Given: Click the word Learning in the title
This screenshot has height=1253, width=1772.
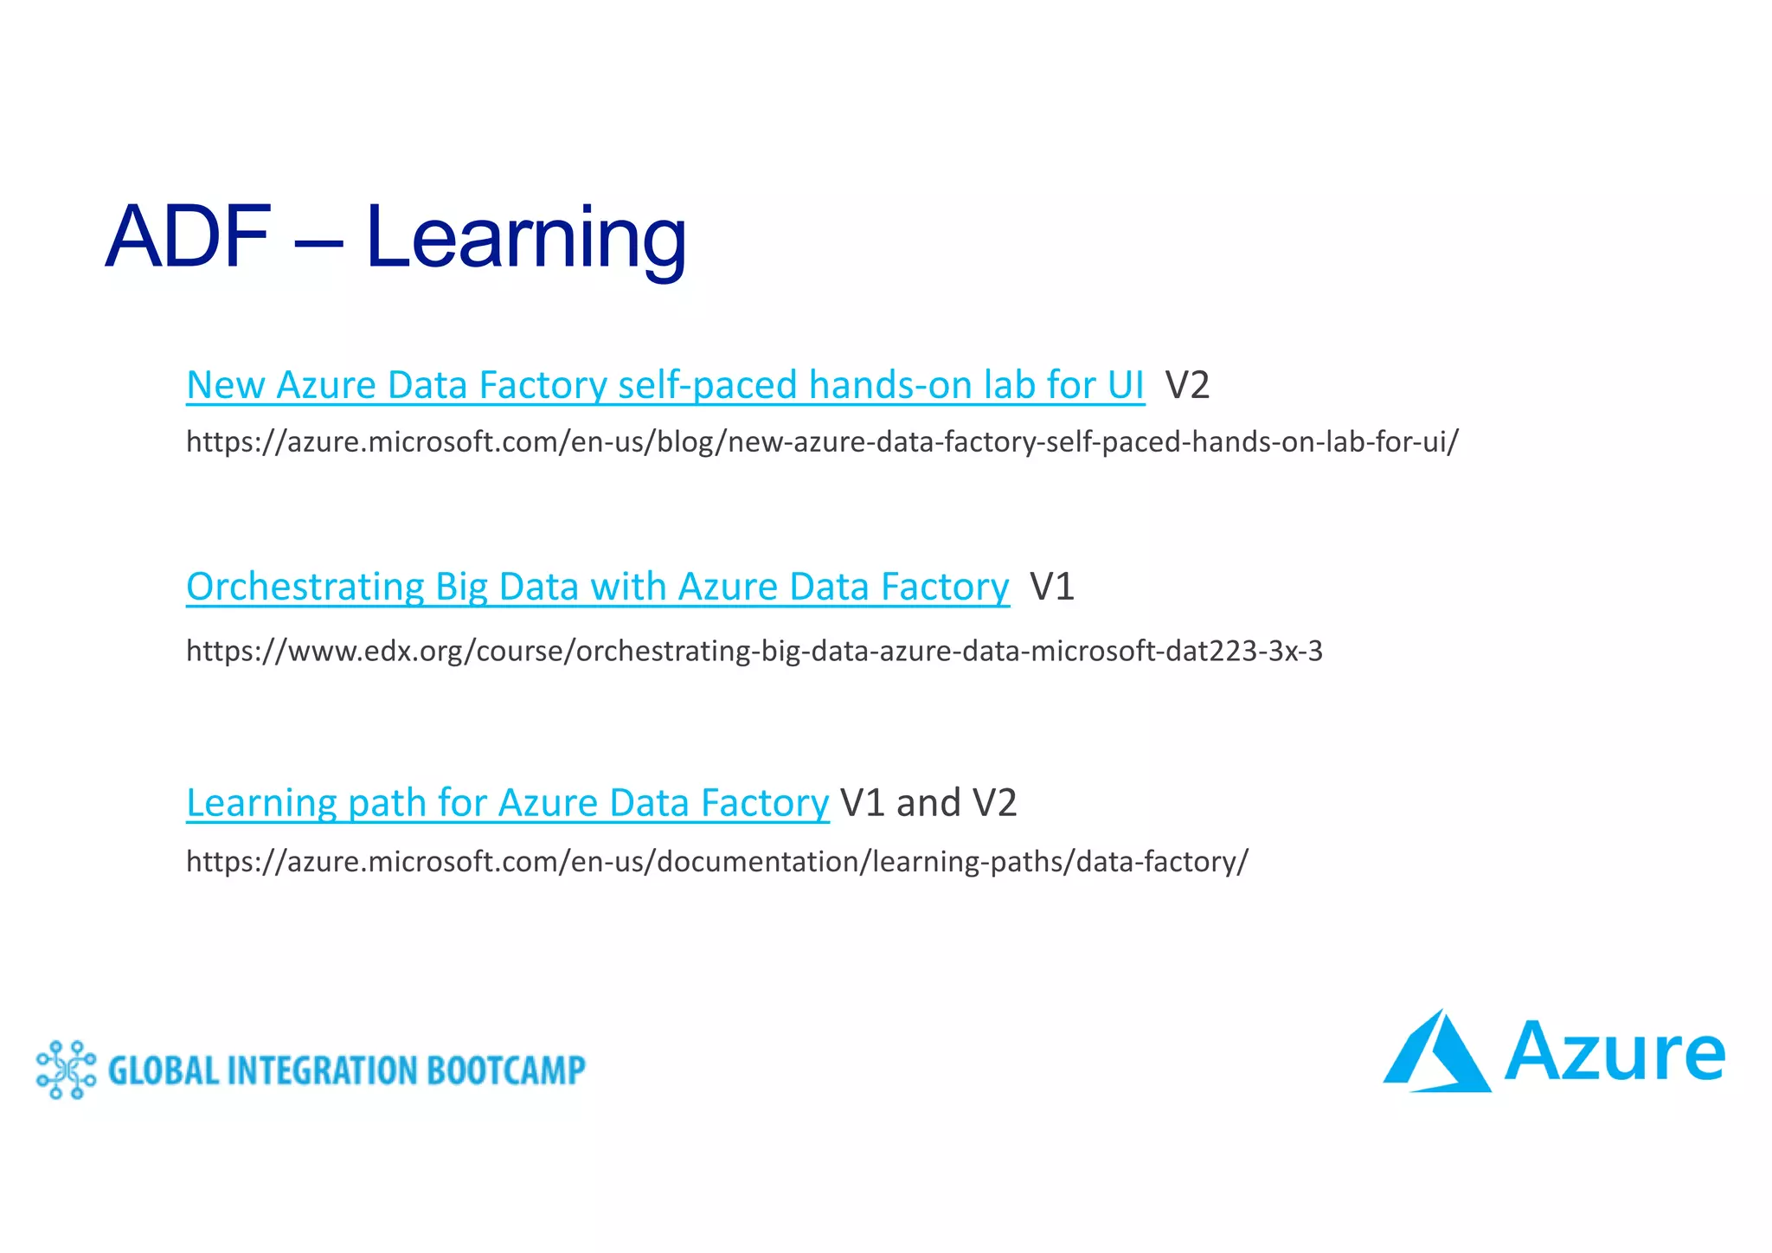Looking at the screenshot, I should (x=525, y=237).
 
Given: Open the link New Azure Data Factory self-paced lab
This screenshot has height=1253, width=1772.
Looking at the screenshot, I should (x=664, y=386).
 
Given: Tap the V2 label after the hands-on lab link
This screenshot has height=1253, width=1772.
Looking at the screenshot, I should (x=1186, y=386).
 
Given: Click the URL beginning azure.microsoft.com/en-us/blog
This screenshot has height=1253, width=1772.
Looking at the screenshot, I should (x=822, y=442).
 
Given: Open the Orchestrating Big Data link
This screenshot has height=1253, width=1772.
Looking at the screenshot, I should (x=597, y=588).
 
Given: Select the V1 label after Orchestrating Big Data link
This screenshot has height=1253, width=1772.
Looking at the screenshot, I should (x=1052, y=588).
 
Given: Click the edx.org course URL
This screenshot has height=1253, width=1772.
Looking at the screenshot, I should (x=754, y=651).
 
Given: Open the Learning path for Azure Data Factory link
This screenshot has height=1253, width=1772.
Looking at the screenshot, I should (x=507, y=804).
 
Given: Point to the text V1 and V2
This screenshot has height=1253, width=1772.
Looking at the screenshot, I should (x=928, y=804).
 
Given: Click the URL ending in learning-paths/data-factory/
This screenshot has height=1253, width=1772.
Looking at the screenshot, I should (x=716, y=862).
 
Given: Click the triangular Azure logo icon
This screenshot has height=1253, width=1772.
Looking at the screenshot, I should (x=1437, y=1054).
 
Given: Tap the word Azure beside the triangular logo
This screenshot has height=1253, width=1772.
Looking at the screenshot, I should (x=1615, y=1054).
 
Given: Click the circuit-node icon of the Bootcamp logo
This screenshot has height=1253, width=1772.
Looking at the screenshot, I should (x=66, y=1070).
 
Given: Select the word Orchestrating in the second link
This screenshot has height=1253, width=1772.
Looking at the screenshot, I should (x=305, y=588).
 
